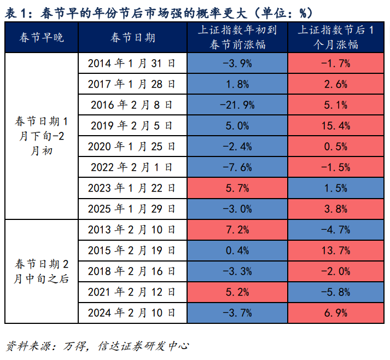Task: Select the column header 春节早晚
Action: coord(42,38)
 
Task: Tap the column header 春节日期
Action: coord(132,38)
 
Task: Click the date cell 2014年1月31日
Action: coord(132,64)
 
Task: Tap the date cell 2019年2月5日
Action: coord(132,126)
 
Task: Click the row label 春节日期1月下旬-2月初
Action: coord(42,136)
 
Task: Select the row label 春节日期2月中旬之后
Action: coord(42,271)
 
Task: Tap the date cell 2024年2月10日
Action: coord(132,312)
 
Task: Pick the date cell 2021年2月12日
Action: coord(132,292)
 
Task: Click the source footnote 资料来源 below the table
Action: coord(97,346)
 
